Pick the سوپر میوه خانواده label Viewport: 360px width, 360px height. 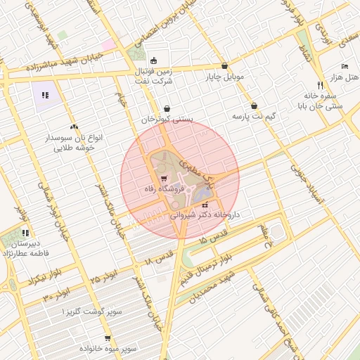click(x=108, y=349)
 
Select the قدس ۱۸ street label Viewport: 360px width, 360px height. click(x=159, y=256)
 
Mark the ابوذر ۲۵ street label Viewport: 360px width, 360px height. click(x=99, y=276)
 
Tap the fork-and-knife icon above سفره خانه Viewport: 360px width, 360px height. click(x=320, y=84)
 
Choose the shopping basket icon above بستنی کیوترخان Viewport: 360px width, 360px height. click(x=167, y=108)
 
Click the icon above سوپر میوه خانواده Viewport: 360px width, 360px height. click(x=108, y=337)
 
